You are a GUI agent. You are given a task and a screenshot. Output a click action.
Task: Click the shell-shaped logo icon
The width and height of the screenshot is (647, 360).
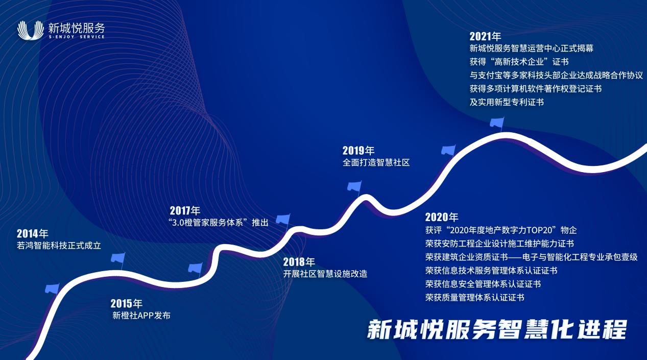(30, 30)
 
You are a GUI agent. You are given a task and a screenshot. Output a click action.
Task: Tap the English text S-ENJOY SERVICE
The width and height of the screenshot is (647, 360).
(77, 37)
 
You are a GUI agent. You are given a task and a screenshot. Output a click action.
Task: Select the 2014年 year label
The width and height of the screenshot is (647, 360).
(32, 233)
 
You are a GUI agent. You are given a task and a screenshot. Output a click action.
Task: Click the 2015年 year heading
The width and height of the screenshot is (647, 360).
(126, 303)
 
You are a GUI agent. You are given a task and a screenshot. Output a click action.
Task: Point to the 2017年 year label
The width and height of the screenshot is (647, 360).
(185, 210)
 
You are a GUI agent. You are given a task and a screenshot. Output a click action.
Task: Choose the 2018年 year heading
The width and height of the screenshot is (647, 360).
(299, 262)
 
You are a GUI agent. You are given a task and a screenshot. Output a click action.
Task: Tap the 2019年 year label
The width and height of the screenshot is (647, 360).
(358, 151)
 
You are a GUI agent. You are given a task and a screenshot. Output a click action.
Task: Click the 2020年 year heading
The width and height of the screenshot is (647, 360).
(442, 217)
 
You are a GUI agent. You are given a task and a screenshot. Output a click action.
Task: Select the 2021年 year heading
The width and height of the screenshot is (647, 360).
(485, 36)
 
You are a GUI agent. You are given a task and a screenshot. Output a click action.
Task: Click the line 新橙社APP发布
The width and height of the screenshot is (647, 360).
(141, 316)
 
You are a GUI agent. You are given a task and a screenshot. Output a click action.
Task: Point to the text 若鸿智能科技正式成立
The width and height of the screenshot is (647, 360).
(59, 246)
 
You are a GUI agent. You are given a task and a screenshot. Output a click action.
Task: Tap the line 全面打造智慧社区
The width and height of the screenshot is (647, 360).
(376, 162)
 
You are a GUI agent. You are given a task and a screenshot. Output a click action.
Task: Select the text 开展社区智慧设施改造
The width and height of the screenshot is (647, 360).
(325, 274)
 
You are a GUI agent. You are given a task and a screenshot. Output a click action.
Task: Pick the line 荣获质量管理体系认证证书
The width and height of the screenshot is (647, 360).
(474, 297)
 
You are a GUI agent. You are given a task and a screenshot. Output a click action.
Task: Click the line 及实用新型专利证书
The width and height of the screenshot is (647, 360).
(507, 102)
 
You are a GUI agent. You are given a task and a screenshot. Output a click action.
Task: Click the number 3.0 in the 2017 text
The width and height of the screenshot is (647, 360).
(178, 223)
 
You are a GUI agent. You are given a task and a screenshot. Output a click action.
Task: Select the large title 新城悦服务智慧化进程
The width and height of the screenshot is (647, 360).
(497, 329)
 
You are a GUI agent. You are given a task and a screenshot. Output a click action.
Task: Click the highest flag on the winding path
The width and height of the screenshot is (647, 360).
(497, 123)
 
